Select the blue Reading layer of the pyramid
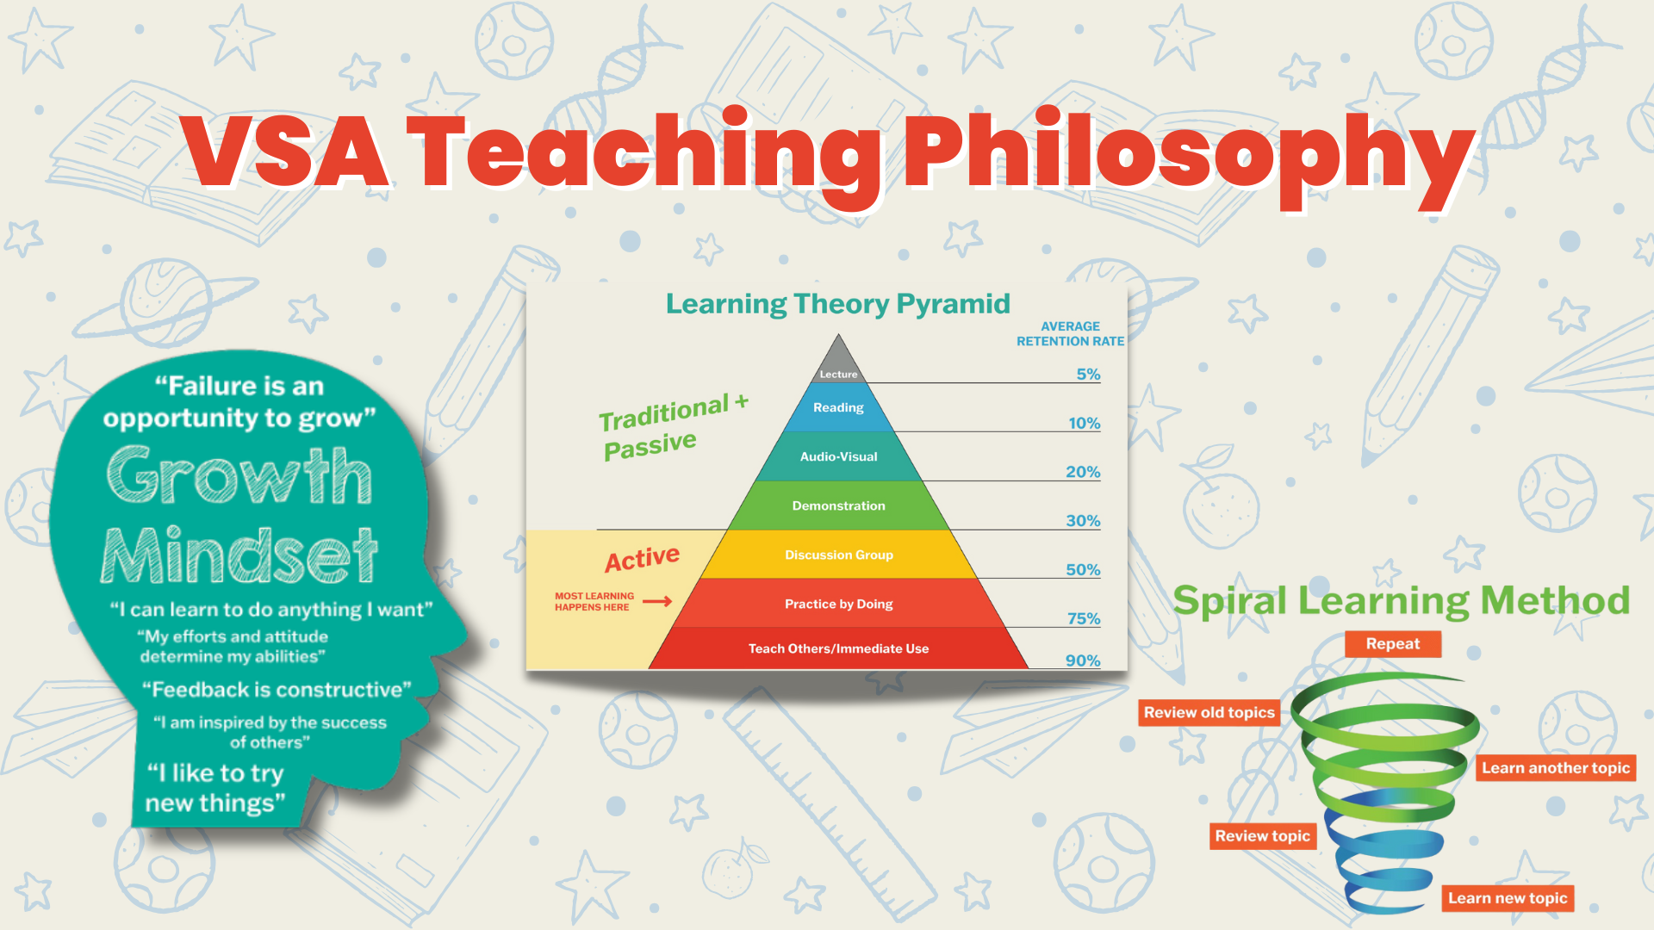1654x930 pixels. (x=838, y=407)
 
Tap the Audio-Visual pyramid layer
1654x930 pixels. (x=838, y=456)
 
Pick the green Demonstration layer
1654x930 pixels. (x=838, y=505)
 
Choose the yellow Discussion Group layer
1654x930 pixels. (x=838, y=555)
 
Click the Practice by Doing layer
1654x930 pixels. (x=838, y=604)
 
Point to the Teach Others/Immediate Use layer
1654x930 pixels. (x=838, y=648)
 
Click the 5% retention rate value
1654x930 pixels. (x=1088, y=374)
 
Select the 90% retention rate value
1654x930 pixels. (x=1083, y=660)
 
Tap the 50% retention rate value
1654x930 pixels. (x=1083, y=569)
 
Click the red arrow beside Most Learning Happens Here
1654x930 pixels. (x=657, y=601)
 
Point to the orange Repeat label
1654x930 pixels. (x=1393, y=644)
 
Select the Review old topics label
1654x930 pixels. (x=1209, y=713)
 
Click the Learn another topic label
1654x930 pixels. (x=1556, y=768)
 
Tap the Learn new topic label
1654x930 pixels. (x=1508, y=898)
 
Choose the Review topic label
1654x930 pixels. (x=1263, y=836)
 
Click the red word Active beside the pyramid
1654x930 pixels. (x=642, y=559)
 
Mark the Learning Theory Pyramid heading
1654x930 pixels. (x=837, y=304)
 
